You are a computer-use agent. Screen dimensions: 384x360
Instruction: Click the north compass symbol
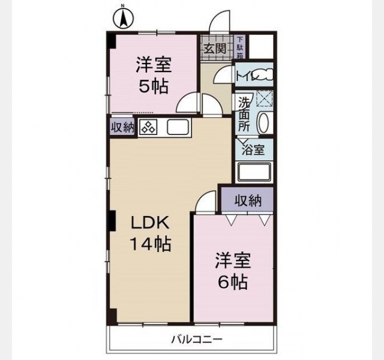tap(124, 19)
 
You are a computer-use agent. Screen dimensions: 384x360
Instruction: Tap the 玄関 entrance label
tap(215, 49)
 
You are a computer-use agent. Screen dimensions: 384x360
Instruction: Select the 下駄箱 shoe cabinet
tap(240, 47)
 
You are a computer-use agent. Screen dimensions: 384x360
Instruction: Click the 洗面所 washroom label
tap(244, 114)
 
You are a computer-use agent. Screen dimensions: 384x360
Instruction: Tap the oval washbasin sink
tap(263, 122)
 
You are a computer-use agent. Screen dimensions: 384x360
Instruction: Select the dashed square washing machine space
tap(264, 98)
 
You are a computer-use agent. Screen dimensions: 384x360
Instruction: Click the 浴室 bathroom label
tap(253, 150)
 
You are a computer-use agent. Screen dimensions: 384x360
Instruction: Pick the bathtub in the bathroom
tap(254, 172)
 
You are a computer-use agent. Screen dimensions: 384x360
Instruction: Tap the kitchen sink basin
tap(178, 127)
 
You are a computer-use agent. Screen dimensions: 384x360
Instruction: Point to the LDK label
tap(150, 223)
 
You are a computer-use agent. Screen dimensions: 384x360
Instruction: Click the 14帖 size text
tap(150, 244)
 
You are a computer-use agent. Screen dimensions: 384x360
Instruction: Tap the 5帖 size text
tap(154, 86)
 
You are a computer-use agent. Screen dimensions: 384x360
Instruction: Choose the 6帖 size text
tap(232, 282)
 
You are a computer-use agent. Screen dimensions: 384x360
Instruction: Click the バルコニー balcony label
tap(197, 340)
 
